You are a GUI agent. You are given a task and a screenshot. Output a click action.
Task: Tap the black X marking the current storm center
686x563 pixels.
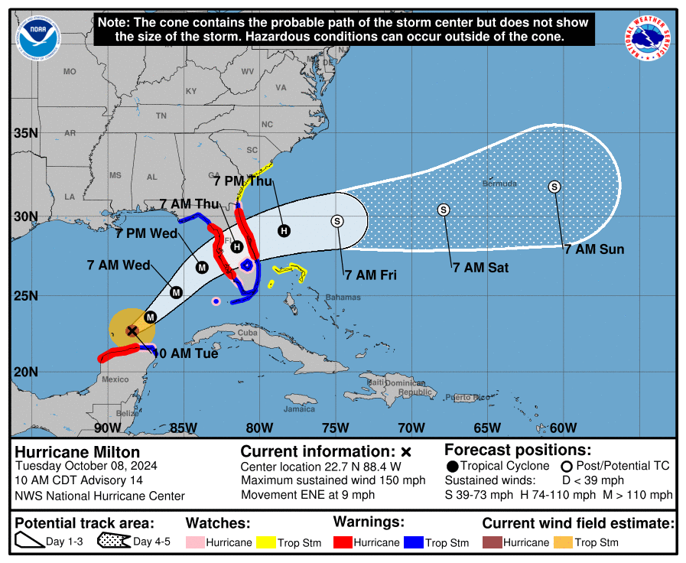(132, 330)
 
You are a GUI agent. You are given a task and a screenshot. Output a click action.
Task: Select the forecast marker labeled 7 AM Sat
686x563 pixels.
(443, 210)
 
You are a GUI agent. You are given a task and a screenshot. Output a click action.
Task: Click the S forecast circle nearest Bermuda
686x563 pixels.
(554, 187)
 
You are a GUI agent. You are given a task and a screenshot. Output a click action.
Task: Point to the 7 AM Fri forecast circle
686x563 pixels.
(336, 221)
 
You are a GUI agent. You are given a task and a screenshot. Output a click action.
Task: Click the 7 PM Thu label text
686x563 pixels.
(242, 181)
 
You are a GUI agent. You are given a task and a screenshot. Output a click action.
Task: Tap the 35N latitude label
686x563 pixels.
(26, 133)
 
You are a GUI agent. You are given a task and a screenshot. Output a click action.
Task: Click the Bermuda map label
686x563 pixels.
(499, 184)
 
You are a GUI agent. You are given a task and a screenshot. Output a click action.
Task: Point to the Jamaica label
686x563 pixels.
(299, 409)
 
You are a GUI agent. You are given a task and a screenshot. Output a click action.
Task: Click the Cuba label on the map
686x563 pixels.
(247, 334)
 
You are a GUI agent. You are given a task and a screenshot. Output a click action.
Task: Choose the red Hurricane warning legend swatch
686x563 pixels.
(343, 542)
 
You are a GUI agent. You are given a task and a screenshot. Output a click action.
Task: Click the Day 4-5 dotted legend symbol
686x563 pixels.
(112, 542)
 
